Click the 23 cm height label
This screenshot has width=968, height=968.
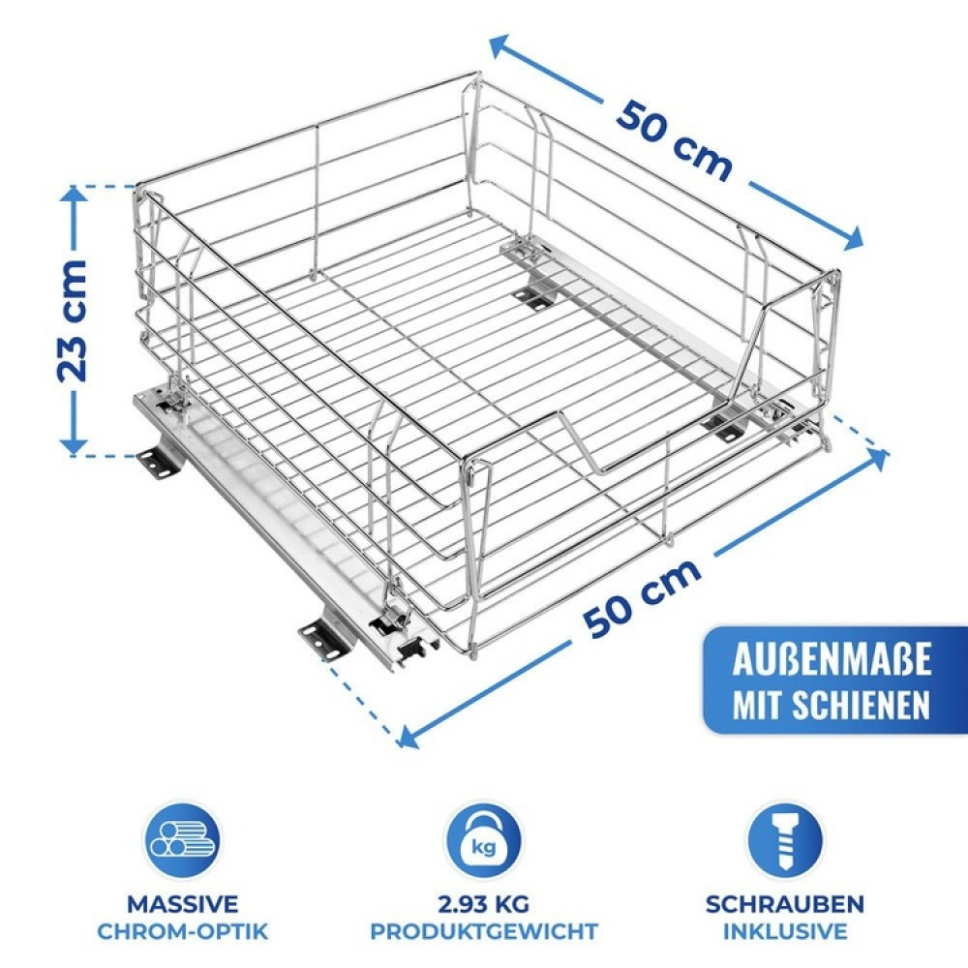75,319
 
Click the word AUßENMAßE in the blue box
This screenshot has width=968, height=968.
832,661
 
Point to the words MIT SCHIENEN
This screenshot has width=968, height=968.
832,704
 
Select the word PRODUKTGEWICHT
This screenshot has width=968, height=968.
483,932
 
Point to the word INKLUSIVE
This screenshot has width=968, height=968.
785,932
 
